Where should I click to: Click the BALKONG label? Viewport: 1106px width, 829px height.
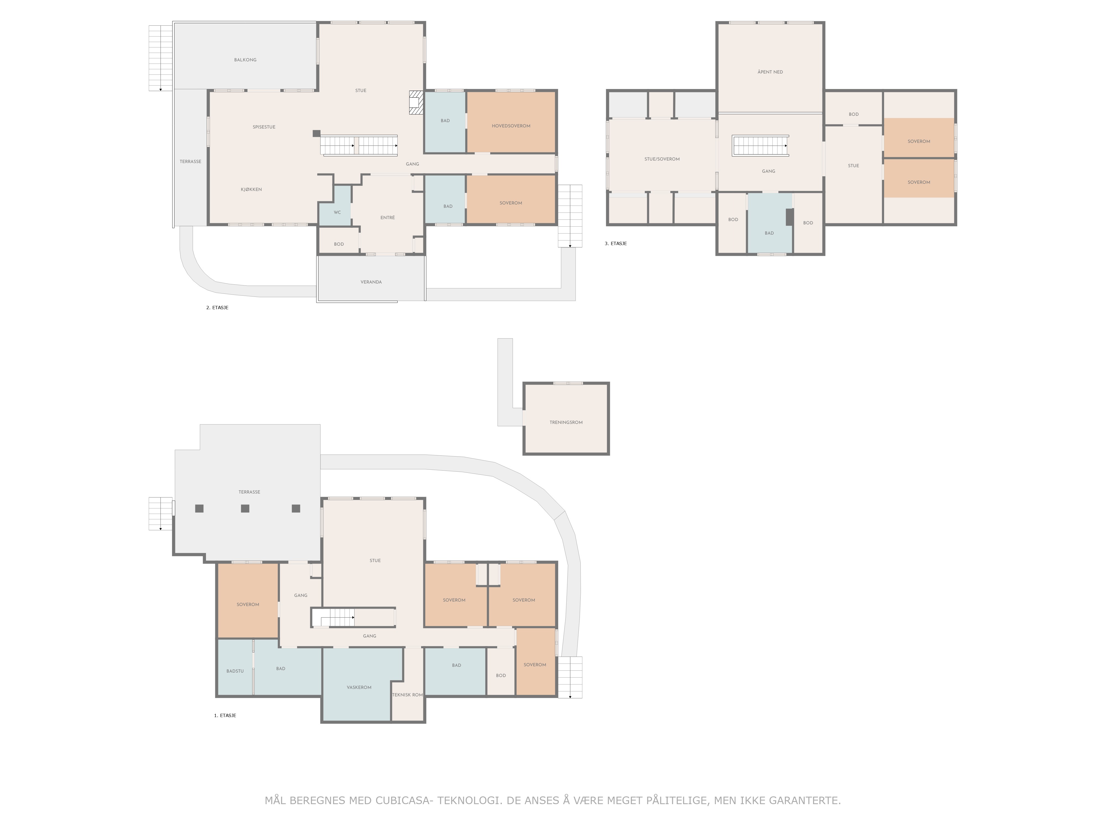(245, 60)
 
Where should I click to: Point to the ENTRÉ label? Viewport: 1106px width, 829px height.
(387, 217)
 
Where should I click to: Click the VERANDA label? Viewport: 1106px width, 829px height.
(371, 282)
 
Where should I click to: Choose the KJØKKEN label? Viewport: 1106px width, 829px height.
(251, 189)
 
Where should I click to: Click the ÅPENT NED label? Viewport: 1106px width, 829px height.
(770, 72)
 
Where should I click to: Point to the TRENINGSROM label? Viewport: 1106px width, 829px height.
(566, 422)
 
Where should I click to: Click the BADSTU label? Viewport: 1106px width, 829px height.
(235, 671)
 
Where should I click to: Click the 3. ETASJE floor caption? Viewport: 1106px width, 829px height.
(615, 243)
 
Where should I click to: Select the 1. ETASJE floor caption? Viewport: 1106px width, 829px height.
(225, 716)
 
